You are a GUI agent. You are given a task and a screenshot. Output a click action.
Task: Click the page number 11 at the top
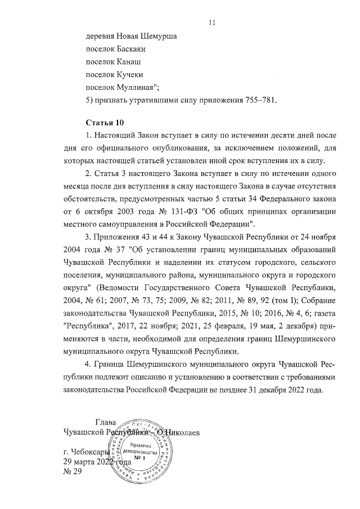[x=211, y=22]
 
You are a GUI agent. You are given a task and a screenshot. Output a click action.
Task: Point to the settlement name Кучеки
[x=136, y=74]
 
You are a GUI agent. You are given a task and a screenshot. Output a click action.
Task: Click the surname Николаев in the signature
[x=180, y=433]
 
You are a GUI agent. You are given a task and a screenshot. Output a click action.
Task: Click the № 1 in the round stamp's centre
[x=145, y=458]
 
